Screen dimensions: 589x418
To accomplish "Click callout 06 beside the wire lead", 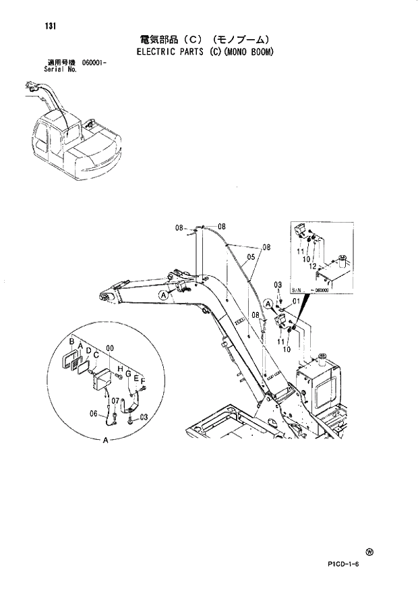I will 94,414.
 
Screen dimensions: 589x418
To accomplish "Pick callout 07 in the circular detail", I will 115,401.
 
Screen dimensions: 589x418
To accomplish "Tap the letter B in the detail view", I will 71,343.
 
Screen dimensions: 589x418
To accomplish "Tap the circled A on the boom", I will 162,295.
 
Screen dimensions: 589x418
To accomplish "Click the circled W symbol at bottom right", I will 370,551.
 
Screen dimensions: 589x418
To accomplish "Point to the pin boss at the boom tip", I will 104,297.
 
